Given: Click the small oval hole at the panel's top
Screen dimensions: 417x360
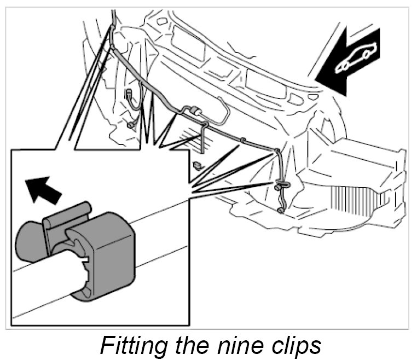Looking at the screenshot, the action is click(162, 22).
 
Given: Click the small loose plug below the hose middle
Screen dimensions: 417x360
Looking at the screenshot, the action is click(198, 164).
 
